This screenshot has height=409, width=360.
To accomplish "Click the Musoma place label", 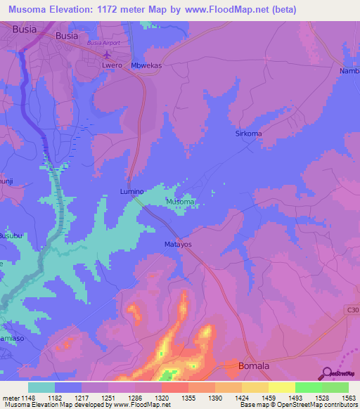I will point(179,202).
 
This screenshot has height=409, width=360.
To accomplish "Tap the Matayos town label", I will point(169,245).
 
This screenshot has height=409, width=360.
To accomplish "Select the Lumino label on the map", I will point(131,191).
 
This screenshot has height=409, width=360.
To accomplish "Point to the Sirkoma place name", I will point(247,133).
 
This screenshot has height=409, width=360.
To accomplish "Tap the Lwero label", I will point(113,67).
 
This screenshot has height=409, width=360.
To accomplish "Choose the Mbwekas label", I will point(148,67).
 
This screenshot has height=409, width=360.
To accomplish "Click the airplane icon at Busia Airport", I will point(107,55).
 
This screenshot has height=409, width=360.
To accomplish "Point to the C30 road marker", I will point(352,309).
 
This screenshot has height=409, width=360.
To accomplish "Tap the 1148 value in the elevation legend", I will point(27,398).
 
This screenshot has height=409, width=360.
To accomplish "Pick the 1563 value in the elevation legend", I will point(348,398).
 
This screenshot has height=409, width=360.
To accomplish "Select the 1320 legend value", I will point(161,398).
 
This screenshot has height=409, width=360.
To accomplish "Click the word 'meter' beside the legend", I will point(10,398).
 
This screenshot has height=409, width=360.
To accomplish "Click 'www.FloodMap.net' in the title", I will point(220,10).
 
